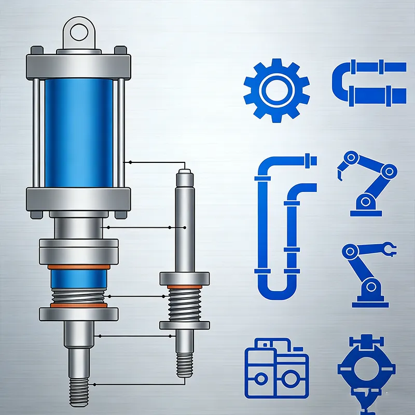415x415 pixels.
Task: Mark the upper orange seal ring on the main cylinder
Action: point(79,267)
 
